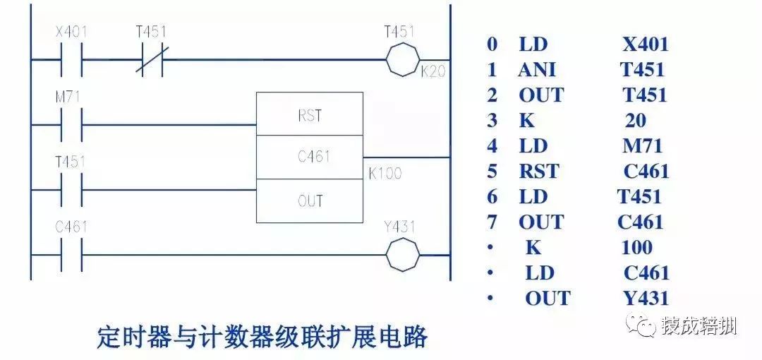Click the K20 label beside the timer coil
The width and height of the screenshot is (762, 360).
point(433,72)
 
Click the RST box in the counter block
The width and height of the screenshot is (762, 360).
point(310,115)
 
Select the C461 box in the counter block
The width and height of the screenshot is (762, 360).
point(310,157)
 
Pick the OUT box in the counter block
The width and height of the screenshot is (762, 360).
point(310,200)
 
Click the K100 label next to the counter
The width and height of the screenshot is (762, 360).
point(385,172)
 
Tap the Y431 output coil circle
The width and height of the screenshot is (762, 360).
point(402,254)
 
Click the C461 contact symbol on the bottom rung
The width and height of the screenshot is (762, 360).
point(71,255)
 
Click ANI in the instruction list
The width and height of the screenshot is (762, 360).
point(536,69)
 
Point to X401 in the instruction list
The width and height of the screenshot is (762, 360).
point(645,44)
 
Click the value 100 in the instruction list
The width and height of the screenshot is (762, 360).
point(637,247)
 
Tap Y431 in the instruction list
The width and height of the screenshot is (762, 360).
point(641,298)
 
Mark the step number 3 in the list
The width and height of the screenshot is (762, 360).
point(492,120)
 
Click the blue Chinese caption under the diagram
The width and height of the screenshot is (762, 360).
point(262,337)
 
